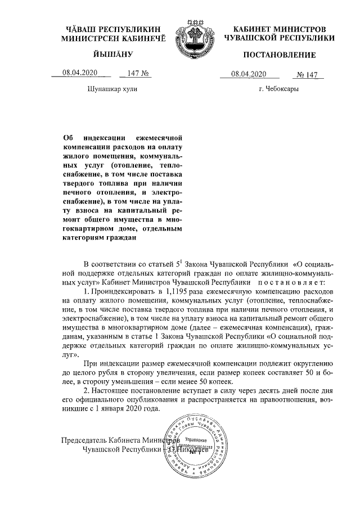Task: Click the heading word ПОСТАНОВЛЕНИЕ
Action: point(279,55)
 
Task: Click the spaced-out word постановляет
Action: point(292,280)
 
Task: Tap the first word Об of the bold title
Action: point(67,137)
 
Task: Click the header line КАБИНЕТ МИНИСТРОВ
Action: point(279,28)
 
